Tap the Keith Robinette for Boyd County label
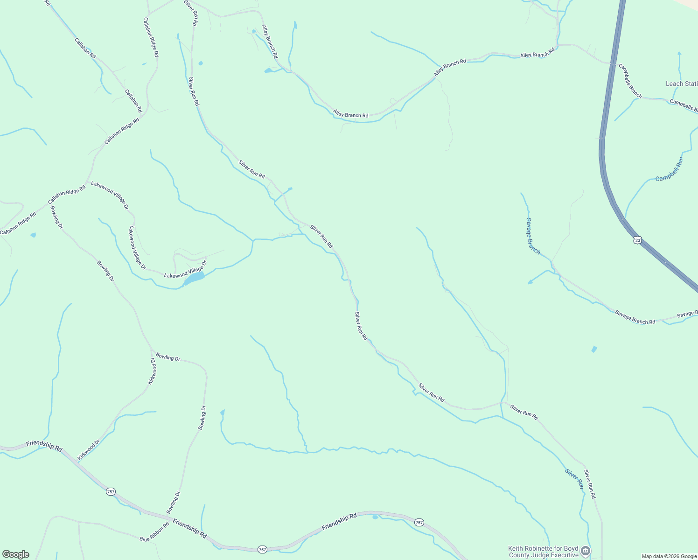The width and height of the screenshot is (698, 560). click(543, 552)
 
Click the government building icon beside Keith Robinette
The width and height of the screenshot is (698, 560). click(586, 552)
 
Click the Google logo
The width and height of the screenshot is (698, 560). click(15, 554)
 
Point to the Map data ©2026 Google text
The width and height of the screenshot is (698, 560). click(668, 556)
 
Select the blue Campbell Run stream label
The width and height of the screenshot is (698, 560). click(670, 169)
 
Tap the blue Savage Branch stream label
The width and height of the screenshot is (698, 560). click(533, 236)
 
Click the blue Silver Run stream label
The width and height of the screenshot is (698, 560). click(574, 479)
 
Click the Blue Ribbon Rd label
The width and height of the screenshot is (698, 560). click(154, 532)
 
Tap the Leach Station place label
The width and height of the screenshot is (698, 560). click(681, 84)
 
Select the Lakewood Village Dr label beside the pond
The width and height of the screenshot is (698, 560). click(185, 272)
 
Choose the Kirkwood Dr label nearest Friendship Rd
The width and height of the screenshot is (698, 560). click(89, 450)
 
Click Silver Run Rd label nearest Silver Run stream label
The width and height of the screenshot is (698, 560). click(590, 484)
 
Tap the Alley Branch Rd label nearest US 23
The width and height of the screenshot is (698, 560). click(537, 52)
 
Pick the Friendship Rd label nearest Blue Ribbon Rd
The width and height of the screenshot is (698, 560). click(189, 527)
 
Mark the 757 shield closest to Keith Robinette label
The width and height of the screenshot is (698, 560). click(419, 522)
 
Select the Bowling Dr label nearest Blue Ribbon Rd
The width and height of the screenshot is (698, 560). click(173, 502)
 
